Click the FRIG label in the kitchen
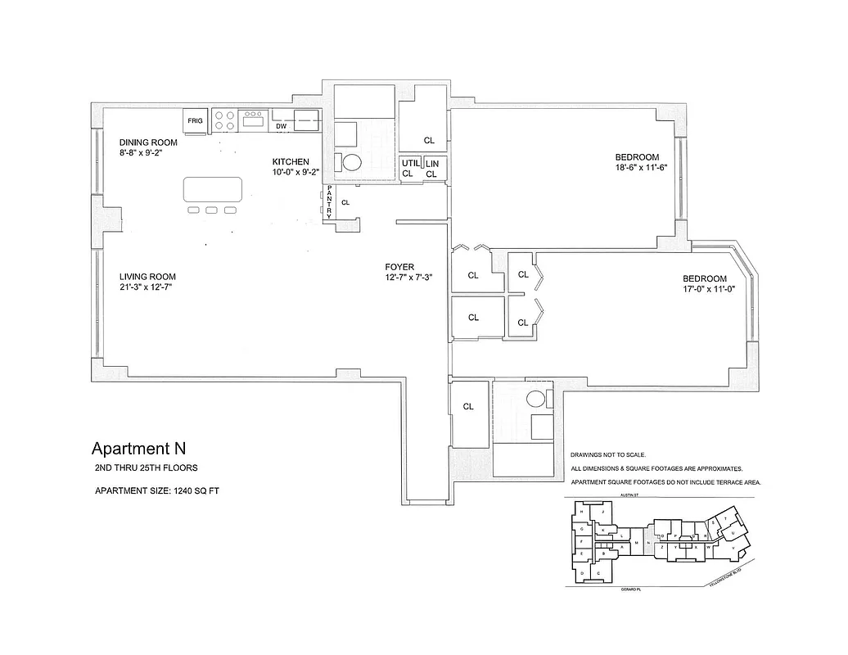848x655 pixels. (x=195, y=121)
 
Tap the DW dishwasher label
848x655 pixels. (x=280, y=127)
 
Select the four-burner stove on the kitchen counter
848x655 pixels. (x=225, y=121)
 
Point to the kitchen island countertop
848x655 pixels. (x=213, y=190)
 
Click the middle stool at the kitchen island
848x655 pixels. (x=212, y=210)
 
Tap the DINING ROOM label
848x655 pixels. (x=148, y=142)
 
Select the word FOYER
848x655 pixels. (x=399, y=267)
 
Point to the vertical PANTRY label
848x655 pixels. (x=329, y=201)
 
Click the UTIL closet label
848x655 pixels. (x=410, y=164)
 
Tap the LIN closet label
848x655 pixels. (x=432, y=164)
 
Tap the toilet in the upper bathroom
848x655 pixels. (x=351, y=162)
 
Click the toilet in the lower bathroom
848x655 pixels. (x=536, y=400)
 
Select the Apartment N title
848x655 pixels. (x=138, y=448)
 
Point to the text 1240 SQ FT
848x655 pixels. (x=192, y=491)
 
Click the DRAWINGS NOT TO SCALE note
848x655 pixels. (x=608, y=454)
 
